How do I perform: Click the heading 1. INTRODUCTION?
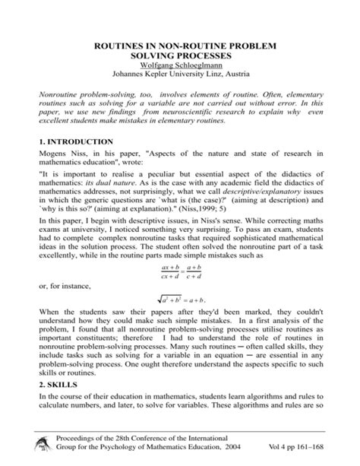point(76,142)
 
